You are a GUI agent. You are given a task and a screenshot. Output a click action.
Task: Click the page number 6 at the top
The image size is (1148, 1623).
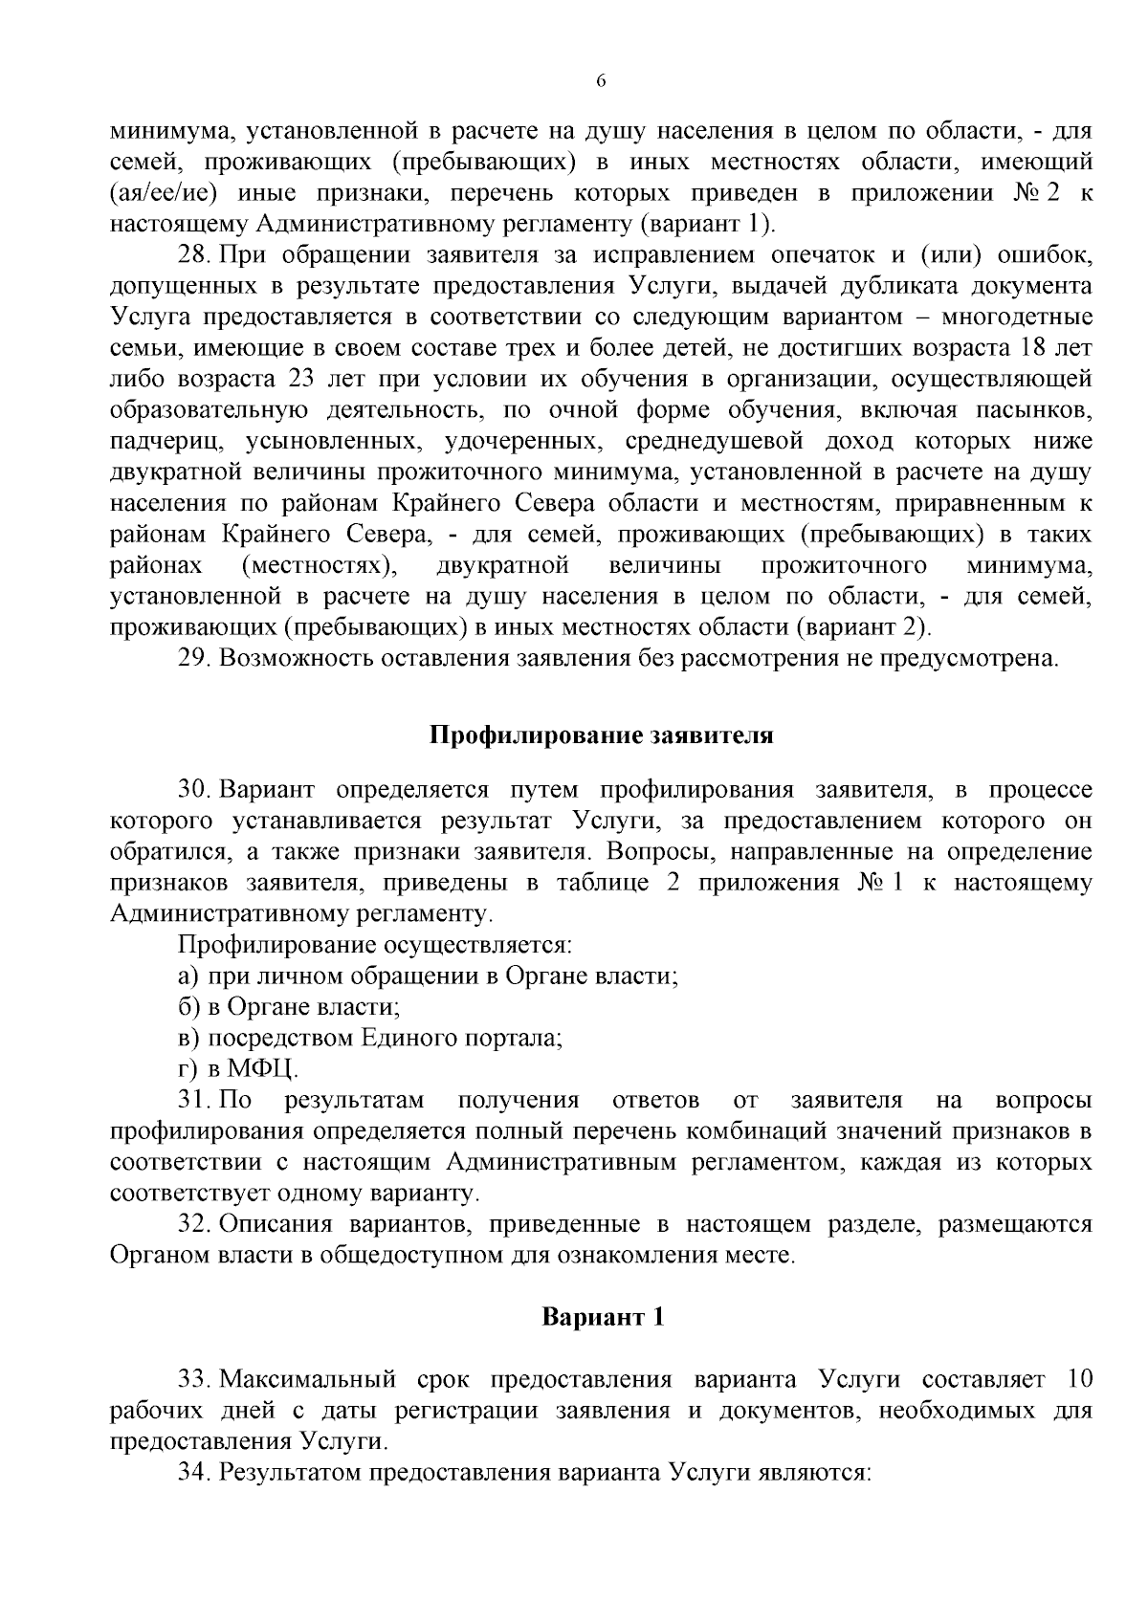point(601,82)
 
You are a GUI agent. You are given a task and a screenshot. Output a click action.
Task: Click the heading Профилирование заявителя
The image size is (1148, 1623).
point(601,736)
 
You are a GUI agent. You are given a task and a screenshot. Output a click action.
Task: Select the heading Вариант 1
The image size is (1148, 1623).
point(603,1317)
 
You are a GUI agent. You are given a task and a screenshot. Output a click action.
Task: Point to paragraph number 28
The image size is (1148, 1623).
point(193,256)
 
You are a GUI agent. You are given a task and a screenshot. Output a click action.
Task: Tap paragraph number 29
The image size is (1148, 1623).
point(193,659)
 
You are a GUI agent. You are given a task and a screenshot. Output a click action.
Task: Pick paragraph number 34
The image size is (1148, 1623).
point(193,1472)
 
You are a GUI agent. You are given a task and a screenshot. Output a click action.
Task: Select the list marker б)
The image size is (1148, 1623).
point(188,1007)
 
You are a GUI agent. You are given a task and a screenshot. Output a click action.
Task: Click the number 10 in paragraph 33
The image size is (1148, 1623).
point(1075,1380)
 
